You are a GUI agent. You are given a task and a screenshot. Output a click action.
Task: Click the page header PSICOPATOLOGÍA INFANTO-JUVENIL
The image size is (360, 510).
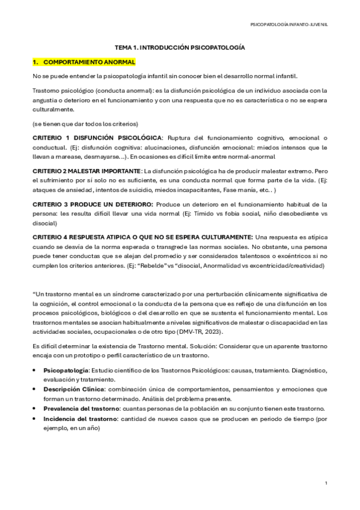coord(293,25)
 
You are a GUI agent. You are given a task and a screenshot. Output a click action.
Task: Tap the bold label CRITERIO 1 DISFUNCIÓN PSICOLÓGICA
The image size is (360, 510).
coord(97,138)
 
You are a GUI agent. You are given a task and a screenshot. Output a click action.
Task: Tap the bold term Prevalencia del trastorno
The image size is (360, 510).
coord(81,408)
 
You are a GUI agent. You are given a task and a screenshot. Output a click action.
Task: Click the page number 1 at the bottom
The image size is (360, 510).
coord(325,483)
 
